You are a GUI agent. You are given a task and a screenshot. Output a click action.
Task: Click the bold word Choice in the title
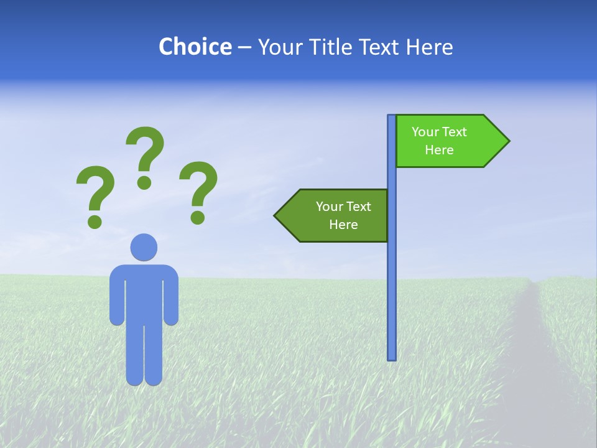pos(195,47)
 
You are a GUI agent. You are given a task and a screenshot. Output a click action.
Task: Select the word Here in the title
pos(429,47)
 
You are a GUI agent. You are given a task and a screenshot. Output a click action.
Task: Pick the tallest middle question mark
pos(145,156)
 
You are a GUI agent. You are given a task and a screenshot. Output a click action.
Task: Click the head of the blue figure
pos(144,247)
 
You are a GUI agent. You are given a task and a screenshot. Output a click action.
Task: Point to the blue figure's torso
pos(144,292)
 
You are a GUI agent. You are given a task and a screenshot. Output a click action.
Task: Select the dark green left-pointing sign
pos(333,215)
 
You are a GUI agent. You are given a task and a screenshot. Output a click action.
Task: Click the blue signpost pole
pos(392,280)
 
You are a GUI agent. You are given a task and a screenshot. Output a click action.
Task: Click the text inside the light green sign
pos(439,141)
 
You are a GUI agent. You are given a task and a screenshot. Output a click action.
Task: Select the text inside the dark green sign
pos(343,215)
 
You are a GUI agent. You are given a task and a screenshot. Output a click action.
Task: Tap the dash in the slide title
pos(244,47)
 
